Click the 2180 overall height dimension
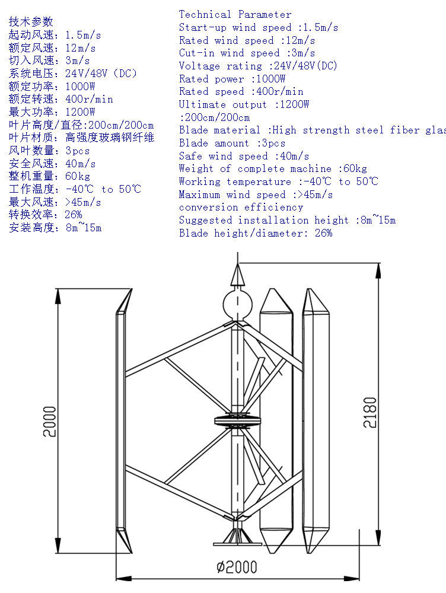tap(369, 416)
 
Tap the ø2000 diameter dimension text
tap(237, 567)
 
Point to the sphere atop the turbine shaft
tap(237, 304)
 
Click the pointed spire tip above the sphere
tap(238, 274)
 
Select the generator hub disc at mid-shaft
tap(238, 422)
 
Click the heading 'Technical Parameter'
tap(235, 14)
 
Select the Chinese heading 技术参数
tap(31, 22)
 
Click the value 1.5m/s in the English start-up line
tap(320, 27)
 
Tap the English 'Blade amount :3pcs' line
tap(232, 143)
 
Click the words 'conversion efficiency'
tap(241, 207)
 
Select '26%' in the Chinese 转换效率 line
tap(74, 215)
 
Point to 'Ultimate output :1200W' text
tap(244, 104)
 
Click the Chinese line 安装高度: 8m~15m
tap(55, 228)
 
